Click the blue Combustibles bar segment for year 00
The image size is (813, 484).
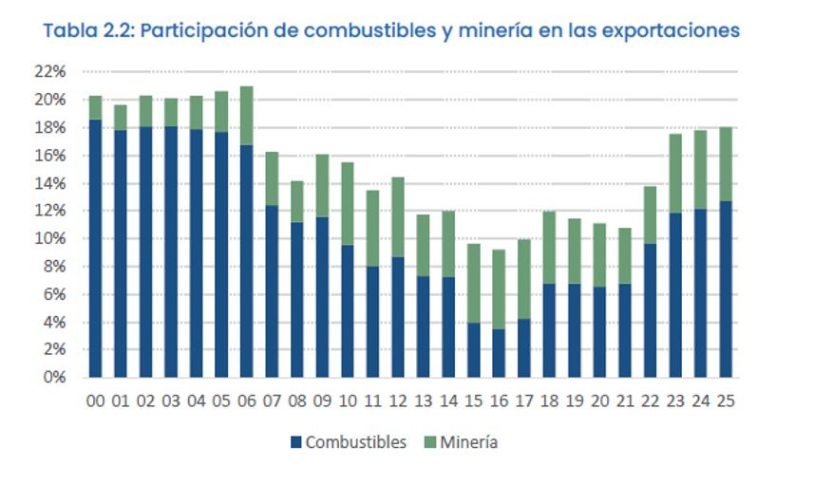95,249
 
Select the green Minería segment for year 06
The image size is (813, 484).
246,116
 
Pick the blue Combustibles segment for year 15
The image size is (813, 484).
473,350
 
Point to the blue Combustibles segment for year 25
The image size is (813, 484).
725,289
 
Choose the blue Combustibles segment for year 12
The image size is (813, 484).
397,317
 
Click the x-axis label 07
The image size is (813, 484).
272,401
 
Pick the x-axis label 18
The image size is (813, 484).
548,401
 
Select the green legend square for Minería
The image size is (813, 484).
430,442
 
